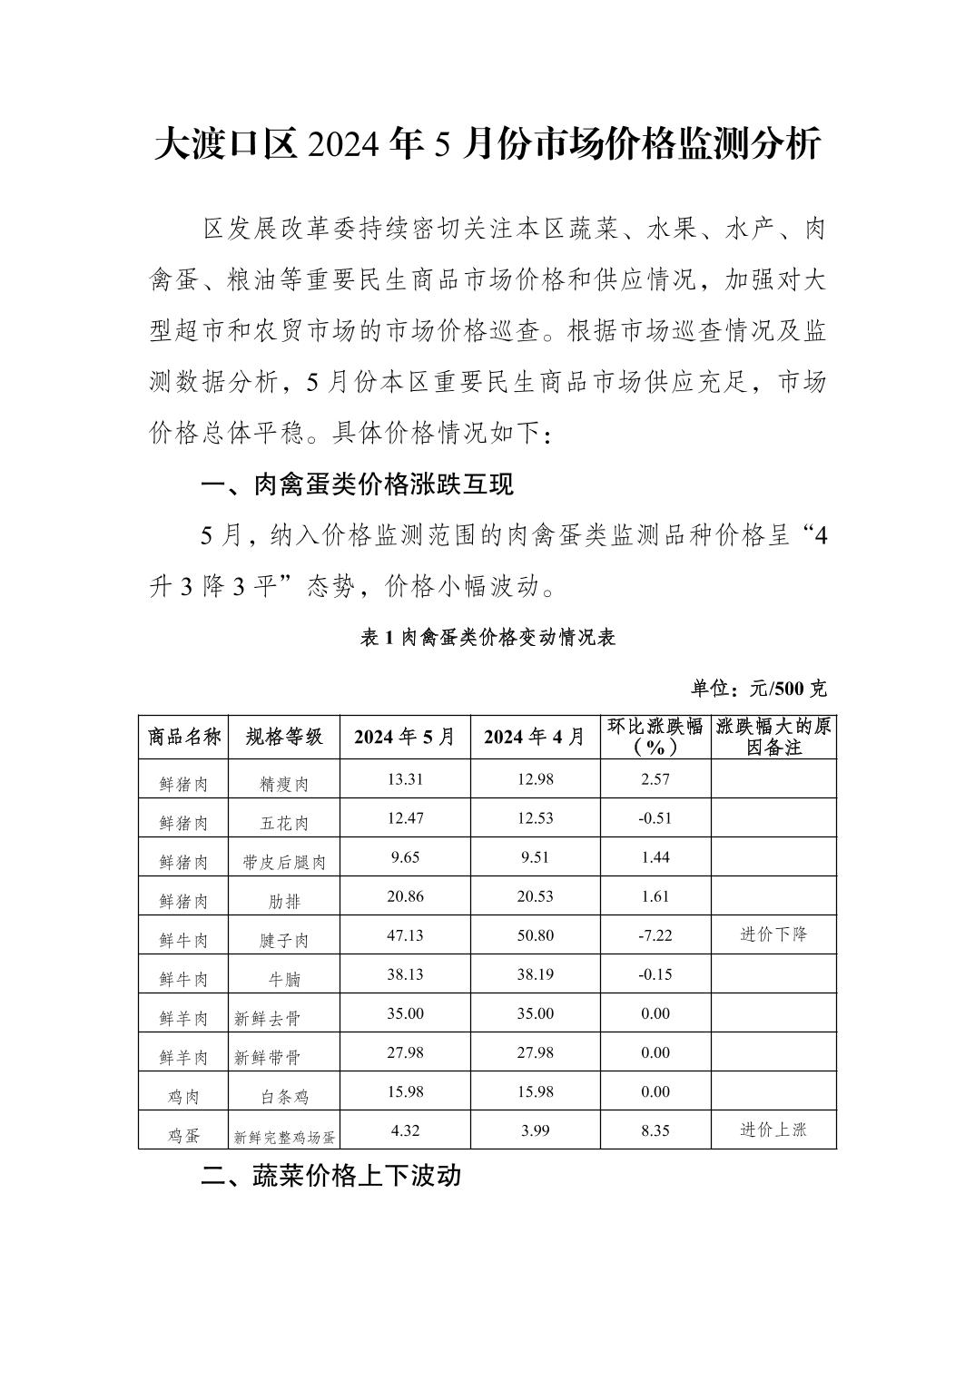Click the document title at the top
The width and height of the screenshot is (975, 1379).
pyautogui.click(x=487, y=145)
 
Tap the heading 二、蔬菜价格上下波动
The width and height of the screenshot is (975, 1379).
pyautogui.click(x=331, y=1176)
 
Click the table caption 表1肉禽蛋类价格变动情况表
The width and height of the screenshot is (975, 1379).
pyautogui.click(x=488, y=638)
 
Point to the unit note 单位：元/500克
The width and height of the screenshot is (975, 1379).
pyautogui.click(x=759, y=689)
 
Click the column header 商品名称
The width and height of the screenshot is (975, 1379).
pyautogui.click(x=184, y=737)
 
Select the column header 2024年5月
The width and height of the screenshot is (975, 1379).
pyautogui.click(x=405, y=737)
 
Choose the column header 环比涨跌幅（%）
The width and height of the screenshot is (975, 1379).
pyautogui.click(x=655, y=737)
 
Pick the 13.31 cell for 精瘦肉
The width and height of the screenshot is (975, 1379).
pyautogui.click(x=405, y=779)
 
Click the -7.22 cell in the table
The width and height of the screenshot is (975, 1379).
pyautogui.click(x=655, y=935)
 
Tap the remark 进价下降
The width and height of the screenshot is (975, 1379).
pyautogui.click(x=773, y=934)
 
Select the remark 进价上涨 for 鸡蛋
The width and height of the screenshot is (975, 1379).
pyautogui.click(x=773, y=1130)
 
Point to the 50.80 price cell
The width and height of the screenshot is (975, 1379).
pyautogui.click(x=535, y=935)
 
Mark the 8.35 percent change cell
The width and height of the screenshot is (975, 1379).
pyautogui.click(x=655, y=1130)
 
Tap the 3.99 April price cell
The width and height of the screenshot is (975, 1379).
pyautogui.click(x=535, y=1130)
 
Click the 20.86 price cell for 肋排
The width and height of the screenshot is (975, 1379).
pyautogui.click(x=405, y=896)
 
